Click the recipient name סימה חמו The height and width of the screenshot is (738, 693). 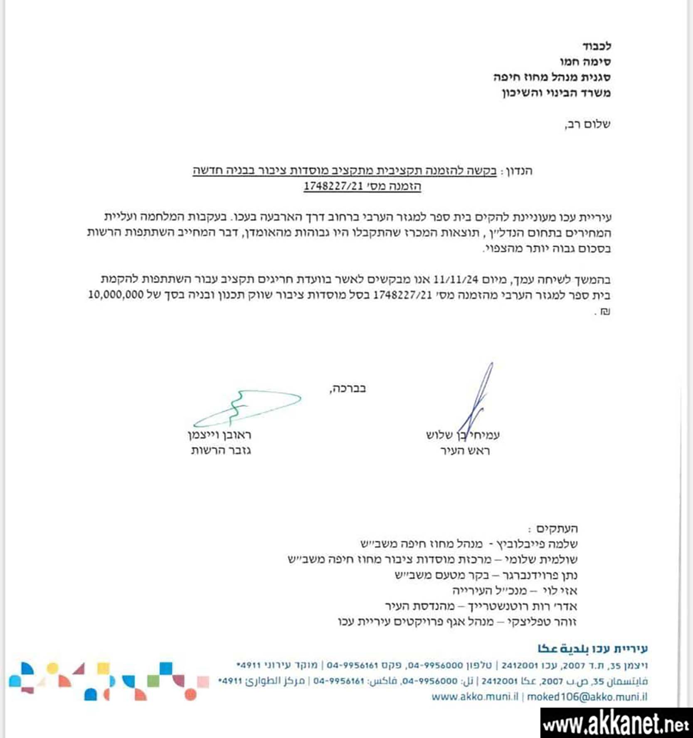tap(585, 62)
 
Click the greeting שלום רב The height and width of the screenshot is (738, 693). tap(587, 124)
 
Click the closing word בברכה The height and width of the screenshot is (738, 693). tap(348, 389)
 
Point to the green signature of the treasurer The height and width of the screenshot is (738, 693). tap(247, 408)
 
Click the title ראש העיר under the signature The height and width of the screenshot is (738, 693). tap(465, 451)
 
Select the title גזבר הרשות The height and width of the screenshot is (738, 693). tap(221, 450)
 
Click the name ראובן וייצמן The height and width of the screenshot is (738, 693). tap(219, 435)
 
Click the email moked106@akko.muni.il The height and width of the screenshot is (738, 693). tap(587, 697)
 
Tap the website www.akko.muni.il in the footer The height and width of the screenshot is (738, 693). tap(475, 697)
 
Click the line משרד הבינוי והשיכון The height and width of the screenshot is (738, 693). tap(556, 93)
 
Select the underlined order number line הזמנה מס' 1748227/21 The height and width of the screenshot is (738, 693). tap(362, 186)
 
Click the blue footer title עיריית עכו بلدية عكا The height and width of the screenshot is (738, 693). tap(592, 649)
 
